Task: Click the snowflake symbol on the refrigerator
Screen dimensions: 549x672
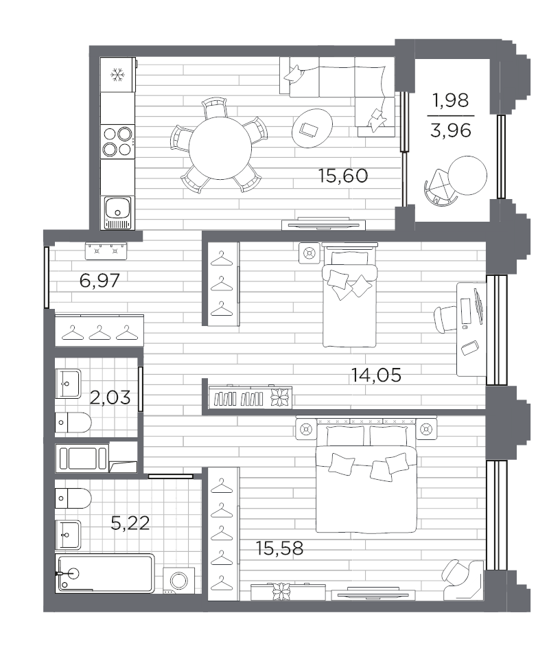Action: pos(117,76)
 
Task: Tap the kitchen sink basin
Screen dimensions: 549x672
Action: pos(117,207)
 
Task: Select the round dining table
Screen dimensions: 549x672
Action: pos(220,148)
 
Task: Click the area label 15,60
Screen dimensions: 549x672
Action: pos(343,176)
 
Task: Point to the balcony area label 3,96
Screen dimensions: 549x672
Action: pos(451,130)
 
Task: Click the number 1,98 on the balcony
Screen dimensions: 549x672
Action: pos(451,101)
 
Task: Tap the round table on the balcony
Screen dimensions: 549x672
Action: pos(468,175)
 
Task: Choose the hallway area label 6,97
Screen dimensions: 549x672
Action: pos(100,281)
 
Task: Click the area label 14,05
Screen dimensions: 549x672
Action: pos(376,375)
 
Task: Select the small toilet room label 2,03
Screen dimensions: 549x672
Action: pos(110,397)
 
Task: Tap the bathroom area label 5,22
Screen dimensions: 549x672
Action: pos(130,523)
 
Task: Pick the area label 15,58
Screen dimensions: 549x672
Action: pos(279,548)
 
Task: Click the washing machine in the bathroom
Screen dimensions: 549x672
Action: pos(179,580)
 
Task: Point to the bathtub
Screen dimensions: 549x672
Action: pos(105,573)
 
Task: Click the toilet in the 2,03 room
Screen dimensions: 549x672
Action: pos(73,423)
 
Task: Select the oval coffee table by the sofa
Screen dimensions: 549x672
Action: pos(312,128)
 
